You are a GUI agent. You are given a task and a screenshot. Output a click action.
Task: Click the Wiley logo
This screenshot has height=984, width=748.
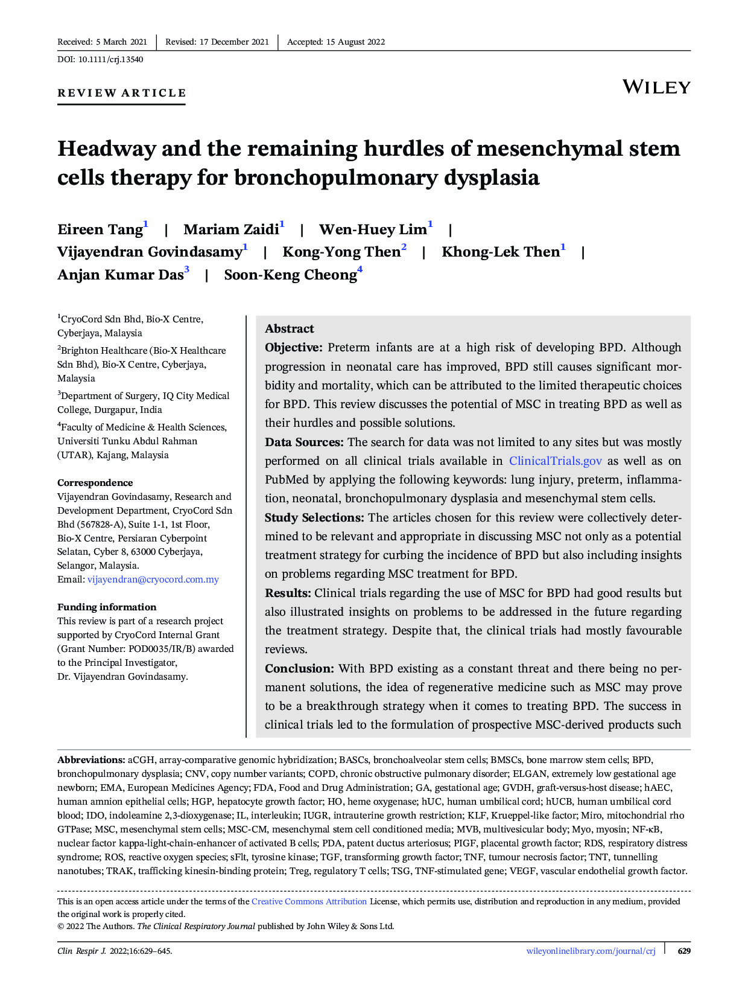656,87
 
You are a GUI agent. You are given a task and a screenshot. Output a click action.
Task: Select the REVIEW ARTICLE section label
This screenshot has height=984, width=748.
122,93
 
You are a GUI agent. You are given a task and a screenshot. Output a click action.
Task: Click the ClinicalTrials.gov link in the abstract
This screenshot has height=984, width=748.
555,461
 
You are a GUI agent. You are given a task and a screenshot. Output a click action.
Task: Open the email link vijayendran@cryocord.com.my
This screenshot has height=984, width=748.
153,580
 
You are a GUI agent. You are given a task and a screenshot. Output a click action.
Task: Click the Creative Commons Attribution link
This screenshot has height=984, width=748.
309,901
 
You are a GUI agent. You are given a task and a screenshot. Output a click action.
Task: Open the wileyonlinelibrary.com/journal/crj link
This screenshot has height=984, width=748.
591,951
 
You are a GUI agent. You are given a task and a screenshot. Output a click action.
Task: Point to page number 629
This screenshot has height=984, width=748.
684,951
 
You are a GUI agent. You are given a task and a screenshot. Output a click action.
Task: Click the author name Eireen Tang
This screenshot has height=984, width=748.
100,229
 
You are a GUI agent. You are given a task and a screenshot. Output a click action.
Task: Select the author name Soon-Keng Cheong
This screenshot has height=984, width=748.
290,275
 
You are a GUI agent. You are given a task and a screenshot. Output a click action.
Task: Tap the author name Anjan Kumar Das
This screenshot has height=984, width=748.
120,275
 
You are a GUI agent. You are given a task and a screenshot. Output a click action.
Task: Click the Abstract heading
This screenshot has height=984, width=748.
290,328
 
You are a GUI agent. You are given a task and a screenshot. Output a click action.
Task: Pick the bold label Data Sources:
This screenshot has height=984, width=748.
304,442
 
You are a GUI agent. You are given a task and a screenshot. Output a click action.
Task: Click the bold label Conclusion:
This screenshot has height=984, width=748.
299,668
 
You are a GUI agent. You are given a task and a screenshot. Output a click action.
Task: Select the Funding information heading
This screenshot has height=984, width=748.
107,607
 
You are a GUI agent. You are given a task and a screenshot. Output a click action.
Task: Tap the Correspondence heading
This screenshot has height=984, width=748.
95,482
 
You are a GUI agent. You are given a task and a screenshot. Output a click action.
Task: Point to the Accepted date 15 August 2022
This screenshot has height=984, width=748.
355,42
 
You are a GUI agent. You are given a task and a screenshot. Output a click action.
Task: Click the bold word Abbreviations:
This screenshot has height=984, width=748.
91,759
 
